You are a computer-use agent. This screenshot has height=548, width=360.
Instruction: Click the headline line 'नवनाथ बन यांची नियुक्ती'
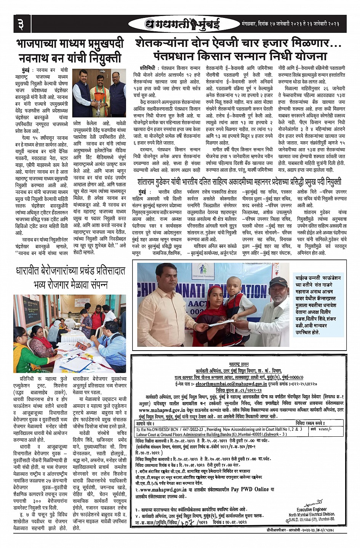pos(70,59)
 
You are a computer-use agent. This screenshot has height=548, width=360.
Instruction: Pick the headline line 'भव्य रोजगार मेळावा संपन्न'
pos(70,284)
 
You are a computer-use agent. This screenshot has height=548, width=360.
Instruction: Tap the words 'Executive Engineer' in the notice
pos(312,509)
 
